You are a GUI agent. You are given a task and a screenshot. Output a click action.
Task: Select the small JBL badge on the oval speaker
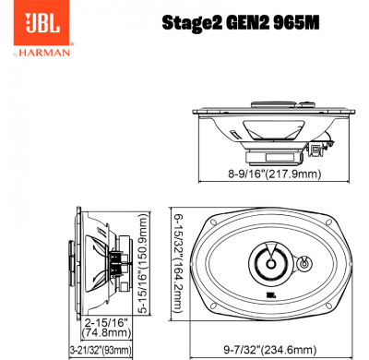point(270,295)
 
